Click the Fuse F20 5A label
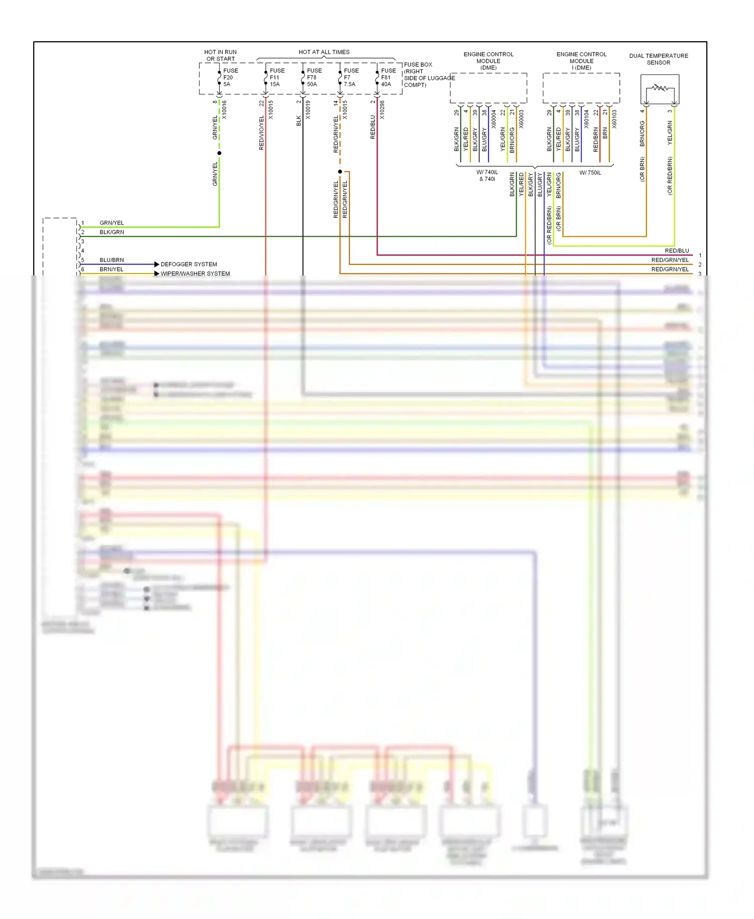coord(230,77)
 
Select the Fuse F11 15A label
coord(276,77)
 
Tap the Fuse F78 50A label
coord(314,77)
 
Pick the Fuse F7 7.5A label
coord(351,77)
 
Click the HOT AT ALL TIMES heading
coord(324,52)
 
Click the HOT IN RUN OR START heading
coord(220,55)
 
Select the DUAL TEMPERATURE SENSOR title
coord(658,59)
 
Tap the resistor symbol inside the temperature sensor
coord(660,88)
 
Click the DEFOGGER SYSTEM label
coord(189,264)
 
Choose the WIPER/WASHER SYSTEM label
coord(195,273)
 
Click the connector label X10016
coord(224,110)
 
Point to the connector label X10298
coord(382,110)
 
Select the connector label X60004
coord(494,119)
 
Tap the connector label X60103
coord(614,119)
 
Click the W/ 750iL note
coord(590,172)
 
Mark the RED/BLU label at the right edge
coord(677,250)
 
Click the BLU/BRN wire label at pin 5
coord(112,260)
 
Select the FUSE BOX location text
coord(429,74)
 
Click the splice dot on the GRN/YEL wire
coord(219,153)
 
